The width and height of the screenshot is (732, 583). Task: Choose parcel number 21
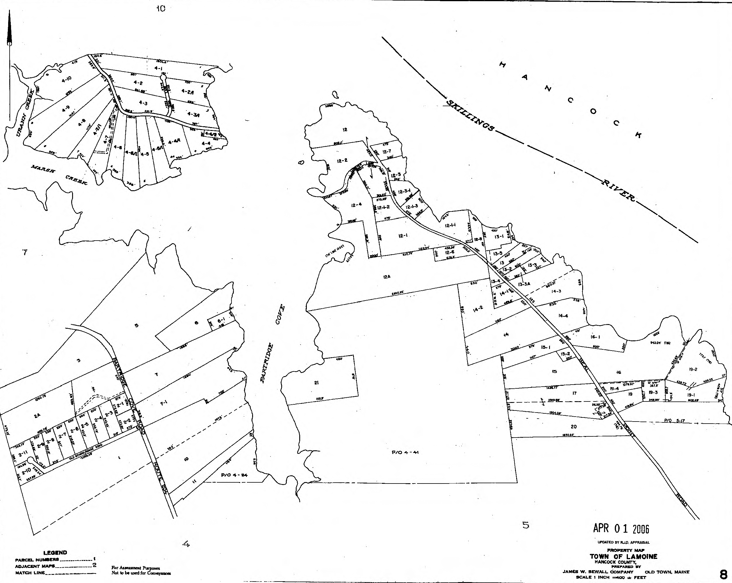pyautogui.click(x=316, y=383)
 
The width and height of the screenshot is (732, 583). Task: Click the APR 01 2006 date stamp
pyautogui.click(x=621, y=528)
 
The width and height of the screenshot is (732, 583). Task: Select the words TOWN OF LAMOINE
pyautogui.click(x=623, y=556)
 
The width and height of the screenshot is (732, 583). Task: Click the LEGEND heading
pyautogui.click(x=55, y=552)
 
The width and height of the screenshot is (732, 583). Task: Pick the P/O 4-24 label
pyautogui.click(x=234, y=475)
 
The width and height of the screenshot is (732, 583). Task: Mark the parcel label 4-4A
pyautogui.click(x=174, y=142)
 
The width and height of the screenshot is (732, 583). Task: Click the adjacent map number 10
pyautogui.click(x=161, y=9)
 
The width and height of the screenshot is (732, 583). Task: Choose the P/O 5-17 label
pyautogui.click(x=674, y=421)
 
